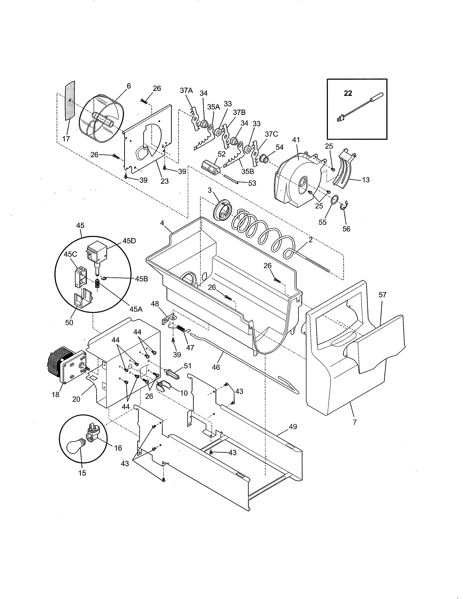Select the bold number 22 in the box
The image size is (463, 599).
[348, 93]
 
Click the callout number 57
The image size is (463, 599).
[382, 295]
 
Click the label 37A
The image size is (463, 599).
[186, 91]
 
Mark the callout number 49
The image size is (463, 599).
[293, 427]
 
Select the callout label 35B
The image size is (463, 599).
[248, 171]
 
